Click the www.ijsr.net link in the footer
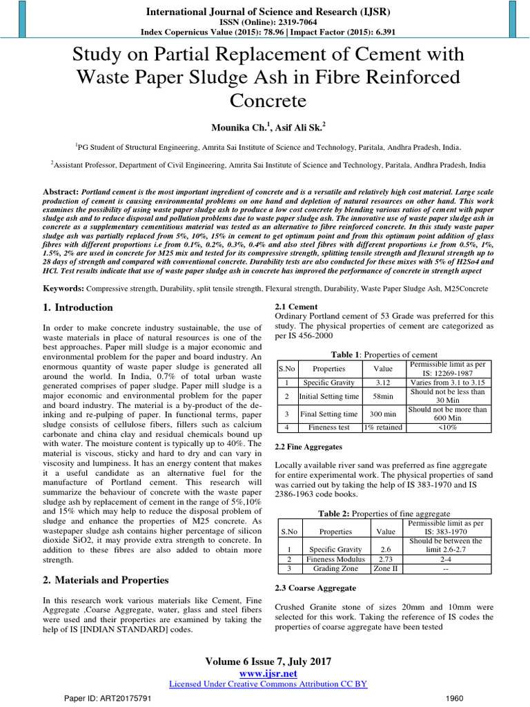click(265, 672)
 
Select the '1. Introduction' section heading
click(77, 307)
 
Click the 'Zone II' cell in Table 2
click(385, 569)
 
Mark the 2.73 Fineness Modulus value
click(385, 559)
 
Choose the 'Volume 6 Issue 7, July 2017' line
click(265, 661)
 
